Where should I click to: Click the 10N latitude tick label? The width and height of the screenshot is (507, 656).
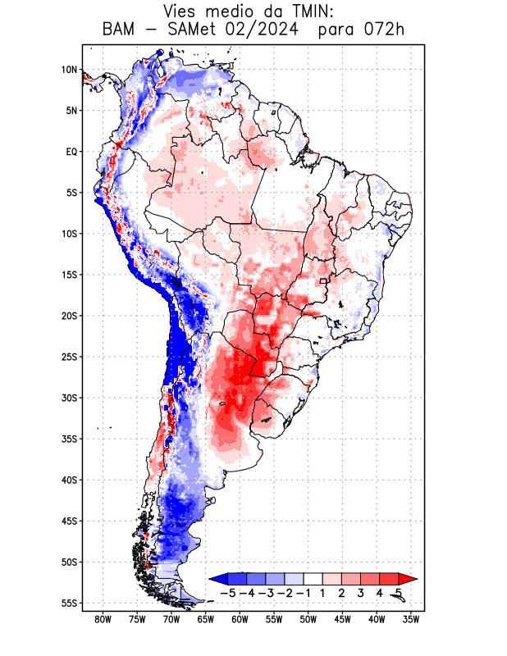tap(69, 70)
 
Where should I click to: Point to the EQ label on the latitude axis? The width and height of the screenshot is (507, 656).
tap(71, 152)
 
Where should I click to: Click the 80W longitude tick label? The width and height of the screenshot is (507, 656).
tap(103, 620)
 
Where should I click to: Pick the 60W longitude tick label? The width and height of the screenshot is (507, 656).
tap(240, 620)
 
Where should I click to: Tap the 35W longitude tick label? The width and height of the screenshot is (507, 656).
tap(411, 620)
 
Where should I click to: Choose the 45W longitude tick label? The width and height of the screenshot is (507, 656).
tap(343, 620)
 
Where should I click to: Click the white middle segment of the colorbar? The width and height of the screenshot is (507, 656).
tap(313, 579)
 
